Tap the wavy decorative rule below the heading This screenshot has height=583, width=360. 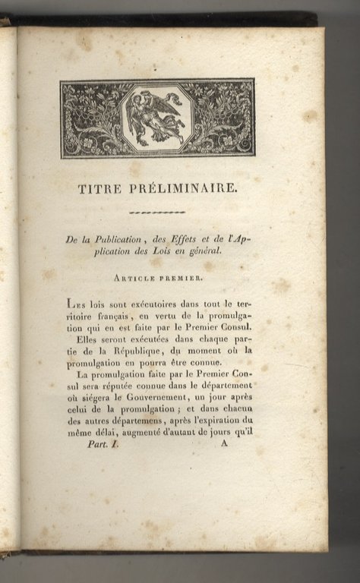click(157, 213)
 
